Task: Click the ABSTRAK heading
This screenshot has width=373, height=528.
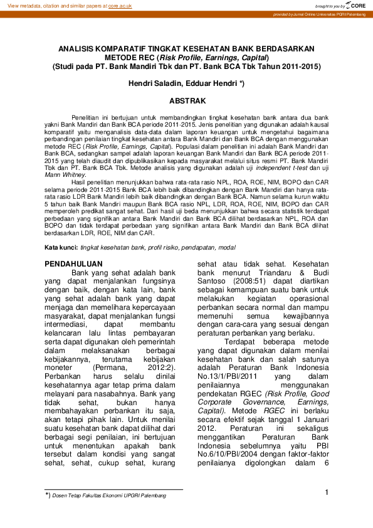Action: (x=186, y=100)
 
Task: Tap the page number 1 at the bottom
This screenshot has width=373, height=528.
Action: (x=327, y=492)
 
